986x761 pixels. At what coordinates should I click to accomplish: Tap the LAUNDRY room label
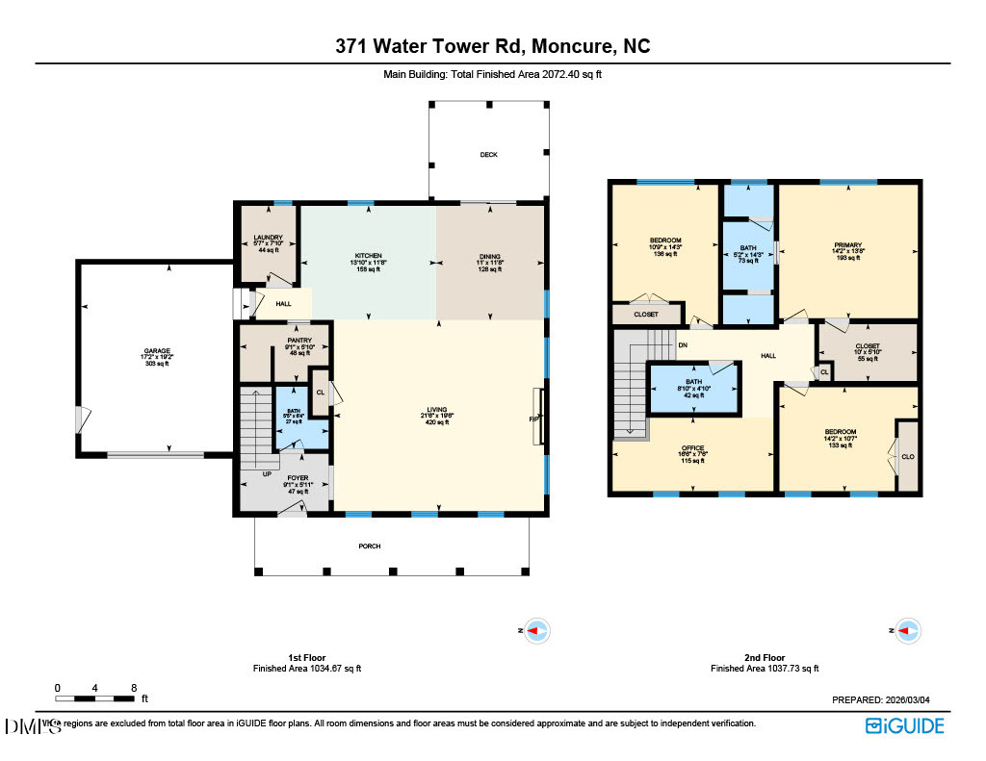click(268, 237)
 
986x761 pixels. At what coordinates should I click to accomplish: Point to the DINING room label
click(490, 256)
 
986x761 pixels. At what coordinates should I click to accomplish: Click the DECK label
click(489, 154)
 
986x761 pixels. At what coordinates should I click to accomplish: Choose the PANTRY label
click(285, 340)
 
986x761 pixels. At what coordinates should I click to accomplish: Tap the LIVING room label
click(437, 410)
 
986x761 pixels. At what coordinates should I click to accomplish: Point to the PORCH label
click(370, 546)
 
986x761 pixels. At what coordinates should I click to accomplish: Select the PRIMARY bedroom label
click(848, 245)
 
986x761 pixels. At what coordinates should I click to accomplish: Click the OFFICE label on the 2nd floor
click(693, 448)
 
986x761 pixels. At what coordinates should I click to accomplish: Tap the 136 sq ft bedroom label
click(665, 241)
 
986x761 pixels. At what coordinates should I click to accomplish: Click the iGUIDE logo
click(904, 726)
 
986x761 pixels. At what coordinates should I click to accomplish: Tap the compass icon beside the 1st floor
click(536, 631)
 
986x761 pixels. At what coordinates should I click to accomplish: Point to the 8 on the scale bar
click(133, 688)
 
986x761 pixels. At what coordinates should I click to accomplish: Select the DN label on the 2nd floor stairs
click(683, 343)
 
